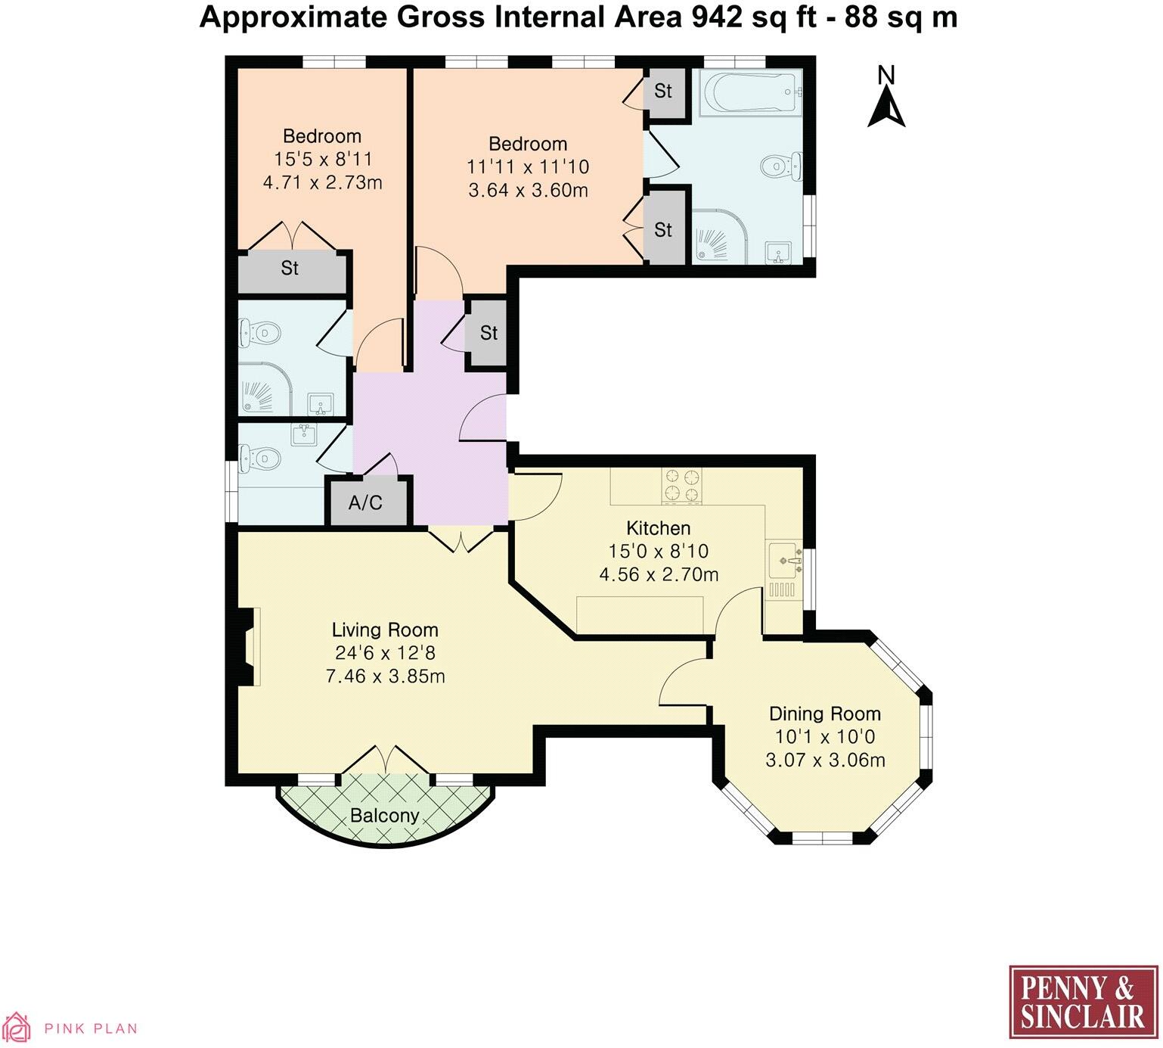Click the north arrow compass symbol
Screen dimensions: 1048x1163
(x=886, y=107)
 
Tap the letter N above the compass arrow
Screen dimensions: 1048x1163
(x=886, y=75)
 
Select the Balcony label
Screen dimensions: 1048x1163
(x=384, y=816)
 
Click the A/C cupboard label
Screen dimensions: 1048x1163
(x=365, y=502)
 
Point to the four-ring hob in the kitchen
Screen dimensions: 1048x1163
(x=682, y=486)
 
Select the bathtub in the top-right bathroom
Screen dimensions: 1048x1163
(x=750, y=92)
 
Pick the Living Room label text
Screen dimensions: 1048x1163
(x=385, y=630)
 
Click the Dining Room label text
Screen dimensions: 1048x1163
(x=825, y=714)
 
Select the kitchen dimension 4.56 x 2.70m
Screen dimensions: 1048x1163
(x=659, y=574)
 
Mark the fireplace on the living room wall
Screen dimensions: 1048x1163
(x=248, y=647)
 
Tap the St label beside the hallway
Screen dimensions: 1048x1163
(x=488, y=333)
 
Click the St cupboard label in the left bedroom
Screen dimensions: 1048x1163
(x=290, y=268)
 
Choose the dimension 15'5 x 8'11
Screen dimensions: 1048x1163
(x=322, y=160)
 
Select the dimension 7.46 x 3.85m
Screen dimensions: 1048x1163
(x=385, y=676)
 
